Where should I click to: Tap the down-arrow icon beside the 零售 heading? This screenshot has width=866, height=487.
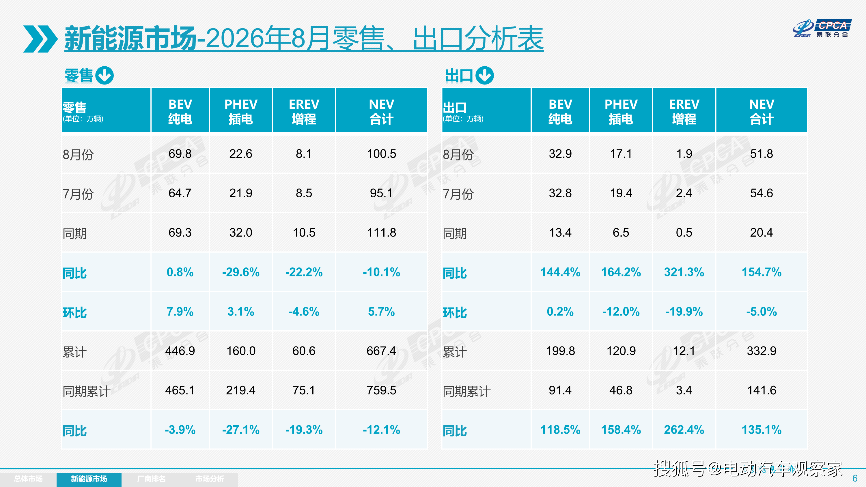(x=104, y=75)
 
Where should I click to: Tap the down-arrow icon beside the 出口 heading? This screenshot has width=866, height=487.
(x=485, y=75)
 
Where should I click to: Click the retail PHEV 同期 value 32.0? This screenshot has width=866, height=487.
(x=241, y=232)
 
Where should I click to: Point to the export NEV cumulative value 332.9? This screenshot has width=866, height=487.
(x=762, y=351)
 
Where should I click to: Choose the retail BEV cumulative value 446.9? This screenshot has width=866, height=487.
(x=180, y=351)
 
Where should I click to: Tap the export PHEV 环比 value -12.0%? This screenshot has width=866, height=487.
(x=621, y=311)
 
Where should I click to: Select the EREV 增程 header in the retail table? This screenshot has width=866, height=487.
(x=304, y=112)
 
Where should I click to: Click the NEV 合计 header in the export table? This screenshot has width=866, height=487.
(x=762, y=112)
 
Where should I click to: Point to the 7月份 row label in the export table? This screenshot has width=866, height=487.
(x=458, y=194)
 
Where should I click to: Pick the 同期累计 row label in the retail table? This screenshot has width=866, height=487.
(x=86, y=391)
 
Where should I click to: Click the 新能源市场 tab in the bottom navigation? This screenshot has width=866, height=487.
(x=89, y=479)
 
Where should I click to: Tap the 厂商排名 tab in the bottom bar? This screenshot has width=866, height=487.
(x=152, y=479)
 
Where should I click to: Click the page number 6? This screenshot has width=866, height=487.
(x=855, y=478)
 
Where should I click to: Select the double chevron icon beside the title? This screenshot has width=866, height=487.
(x=40, y=39)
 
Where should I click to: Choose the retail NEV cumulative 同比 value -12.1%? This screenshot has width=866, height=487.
(x=382, y=430)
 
